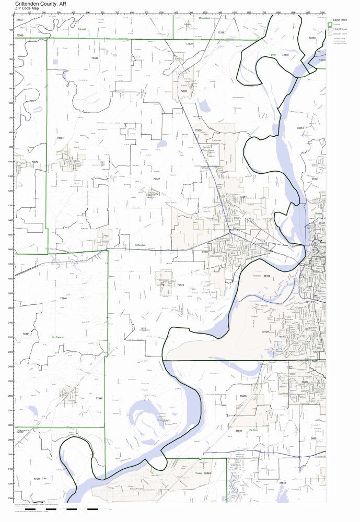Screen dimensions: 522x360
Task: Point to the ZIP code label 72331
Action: pyautogui.click(x=60, y=138)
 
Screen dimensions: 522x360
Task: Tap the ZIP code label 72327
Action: pyautogui.click(x=156, y=179)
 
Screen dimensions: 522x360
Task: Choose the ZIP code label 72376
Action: pyautogui.click(x=180, y=285)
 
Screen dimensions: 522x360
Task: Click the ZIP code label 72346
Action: pyautogui.click(x=63, y=298)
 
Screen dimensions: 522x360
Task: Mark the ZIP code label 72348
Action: pyautogui.click(x=99, y=398)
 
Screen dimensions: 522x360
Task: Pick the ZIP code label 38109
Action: pyautogui.click(x=265, y=331)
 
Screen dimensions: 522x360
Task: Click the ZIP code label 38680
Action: pyautogui.click(x=243, y=396)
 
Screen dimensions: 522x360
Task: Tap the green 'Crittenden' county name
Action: pyautogui.click(x=140, y=244)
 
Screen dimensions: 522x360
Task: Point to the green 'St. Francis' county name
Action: pyautogui.click(x=57, y=337)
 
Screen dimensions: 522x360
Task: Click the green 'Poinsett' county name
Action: pyautogui.click(x=82, y=30)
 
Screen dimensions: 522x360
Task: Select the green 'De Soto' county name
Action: pyautogui.click(x=253, y=430)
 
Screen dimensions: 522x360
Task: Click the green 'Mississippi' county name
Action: pyautogui.click(x=204, y=18)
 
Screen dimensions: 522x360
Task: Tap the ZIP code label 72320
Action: pyautogui.click(x=36, y=479)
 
